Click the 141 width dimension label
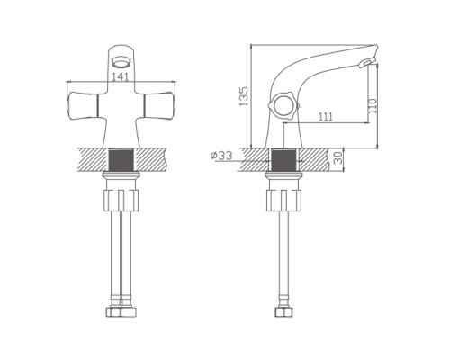(x=121, y=77)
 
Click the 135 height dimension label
(x=244, y=96)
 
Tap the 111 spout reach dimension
(x=326, y=117)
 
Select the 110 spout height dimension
(x=373, y=105)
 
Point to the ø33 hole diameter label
(x=221, y=156)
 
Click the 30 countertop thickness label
(x=338, y=157)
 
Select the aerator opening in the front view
(x=121, y=62)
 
